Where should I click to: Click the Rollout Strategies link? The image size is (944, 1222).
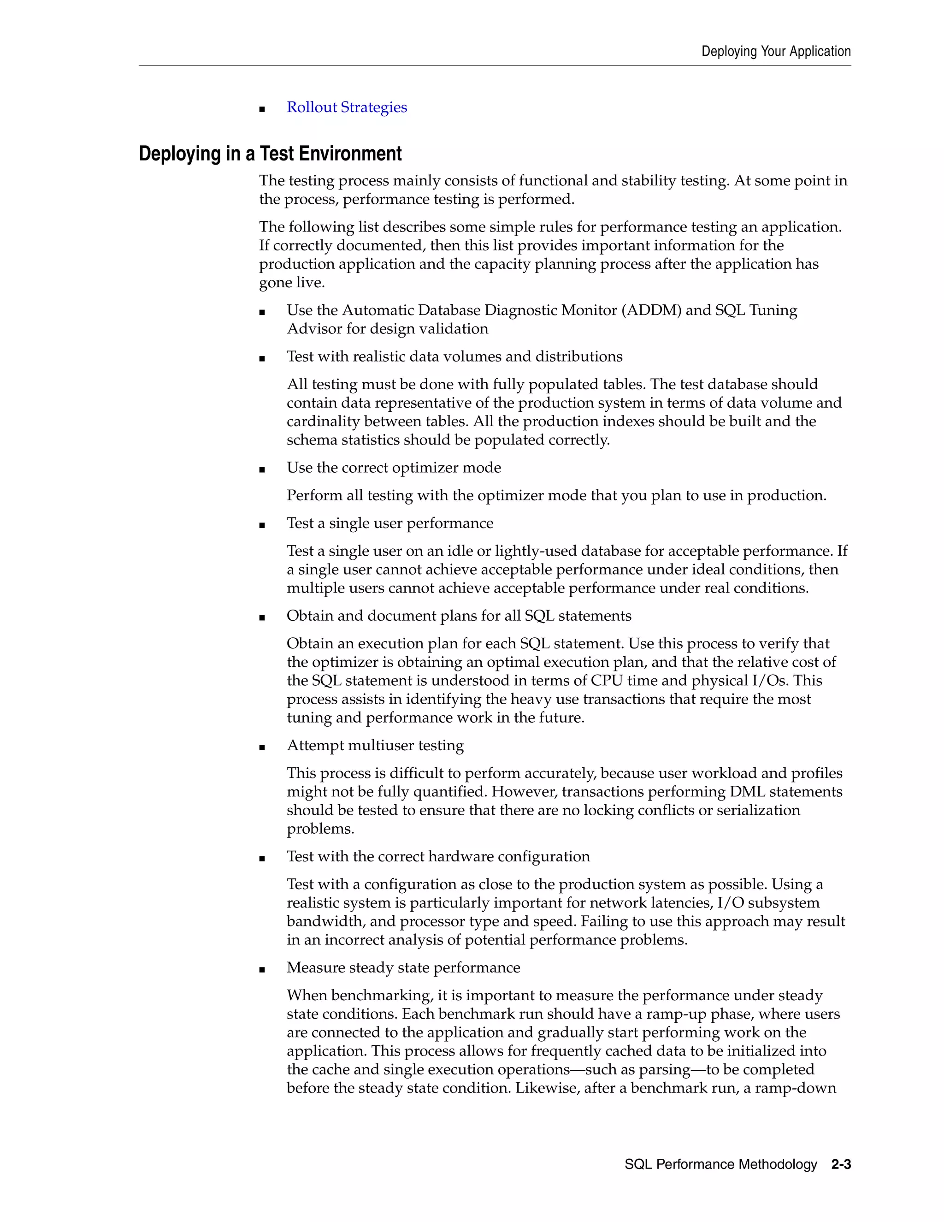(x=347, y=107)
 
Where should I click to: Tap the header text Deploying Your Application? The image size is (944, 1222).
(x=776, y=52)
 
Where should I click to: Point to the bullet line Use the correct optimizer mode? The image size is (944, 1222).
(x=394, y=468)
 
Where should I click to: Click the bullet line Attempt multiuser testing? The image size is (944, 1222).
(x=375, y=745)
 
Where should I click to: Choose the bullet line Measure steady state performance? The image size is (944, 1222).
(x=403, y=967)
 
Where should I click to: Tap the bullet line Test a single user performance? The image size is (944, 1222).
(x=390, y=523)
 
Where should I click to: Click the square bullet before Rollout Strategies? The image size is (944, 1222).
(x=262, y=109)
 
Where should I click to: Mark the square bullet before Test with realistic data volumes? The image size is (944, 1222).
(x=262, y=359)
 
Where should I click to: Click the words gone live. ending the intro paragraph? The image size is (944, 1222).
(x=291, y=283)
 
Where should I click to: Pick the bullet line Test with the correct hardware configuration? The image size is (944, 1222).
(x=438, y=857)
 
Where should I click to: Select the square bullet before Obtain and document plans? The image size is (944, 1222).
(x=262, y=618)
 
